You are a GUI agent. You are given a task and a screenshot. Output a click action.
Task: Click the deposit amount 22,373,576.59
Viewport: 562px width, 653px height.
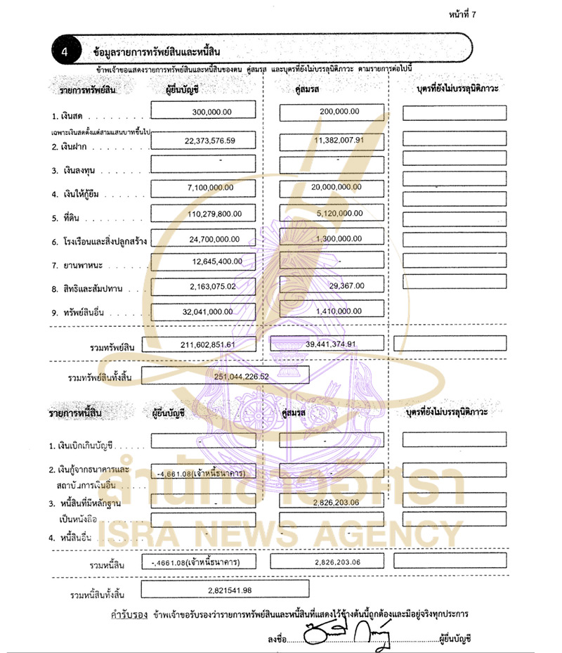[x=210, y=141]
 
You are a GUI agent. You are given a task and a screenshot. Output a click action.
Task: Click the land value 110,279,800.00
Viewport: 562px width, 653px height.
[x=212, y=214]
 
